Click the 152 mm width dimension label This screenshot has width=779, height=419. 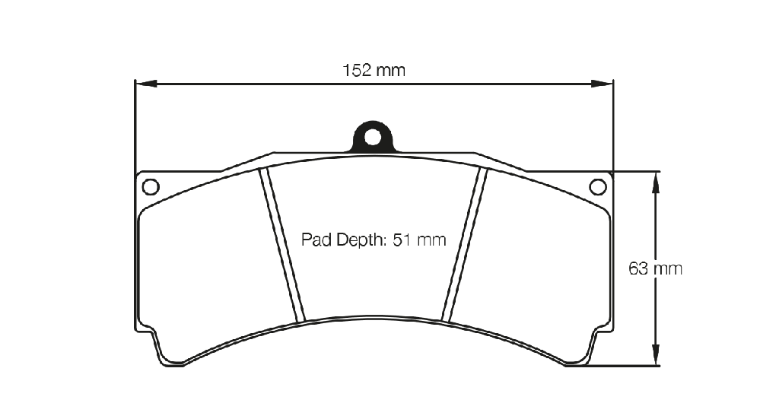click(x=374, y=71)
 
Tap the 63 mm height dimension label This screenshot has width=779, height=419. click(x=655, y=268)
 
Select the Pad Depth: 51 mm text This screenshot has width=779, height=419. click(x=374, y=240)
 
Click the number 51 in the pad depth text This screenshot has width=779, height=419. click(x=402, y=240)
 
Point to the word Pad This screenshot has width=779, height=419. click(x=317, y=240)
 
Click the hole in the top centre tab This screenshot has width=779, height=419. click(x=373, y=137)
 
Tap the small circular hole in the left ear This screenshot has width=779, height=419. click(x=151, y=187)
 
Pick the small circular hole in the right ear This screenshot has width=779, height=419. click(x=598, y=187)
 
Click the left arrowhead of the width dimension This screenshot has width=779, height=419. click(x=146, y=84)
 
